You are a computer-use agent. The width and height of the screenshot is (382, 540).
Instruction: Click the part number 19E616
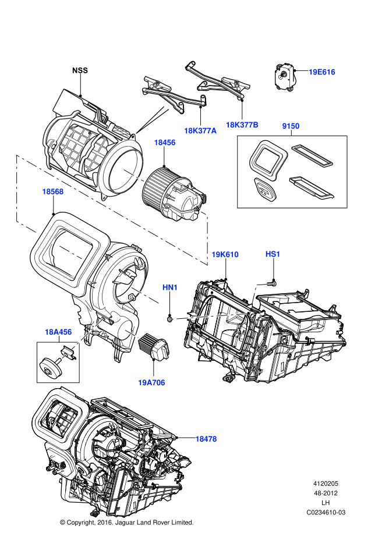point(321,72)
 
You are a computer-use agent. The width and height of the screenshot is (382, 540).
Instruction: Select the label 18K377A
point(200,131)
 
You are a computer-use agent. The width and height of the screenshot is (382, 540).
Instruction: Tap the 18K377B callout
point(242,125)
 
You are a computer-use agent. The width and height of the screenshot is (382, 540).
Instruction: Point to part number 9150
point(291,126)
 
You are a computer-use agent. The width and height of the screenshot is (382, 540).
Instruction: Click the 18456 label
point(164,143)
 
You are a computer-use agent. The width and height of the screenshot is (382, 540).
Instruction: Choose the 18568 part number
point(52,191)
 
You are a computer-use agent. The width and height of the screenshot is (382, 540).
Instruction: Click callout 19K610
point(225,254)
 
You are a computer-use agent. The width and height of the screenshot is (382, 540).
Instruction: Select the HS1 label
point(273,254)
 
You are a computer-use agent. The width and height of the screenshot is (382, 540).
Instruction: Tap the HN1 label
point(169,287)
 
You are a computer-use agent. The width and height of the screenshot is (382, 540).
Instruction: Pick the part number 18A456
point(58,332)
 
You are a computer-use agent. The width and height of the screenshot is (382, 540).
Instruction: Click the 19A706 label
point(151,383)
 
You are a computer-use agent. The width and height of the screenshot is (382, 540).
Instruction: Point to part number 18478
point(206,439)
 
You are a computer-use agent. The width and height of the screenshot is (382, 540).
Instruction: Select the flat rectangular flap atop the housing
point(65,105)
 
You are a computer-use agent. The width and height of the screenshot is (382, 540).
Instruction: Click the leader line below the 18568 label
point(53,201)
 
